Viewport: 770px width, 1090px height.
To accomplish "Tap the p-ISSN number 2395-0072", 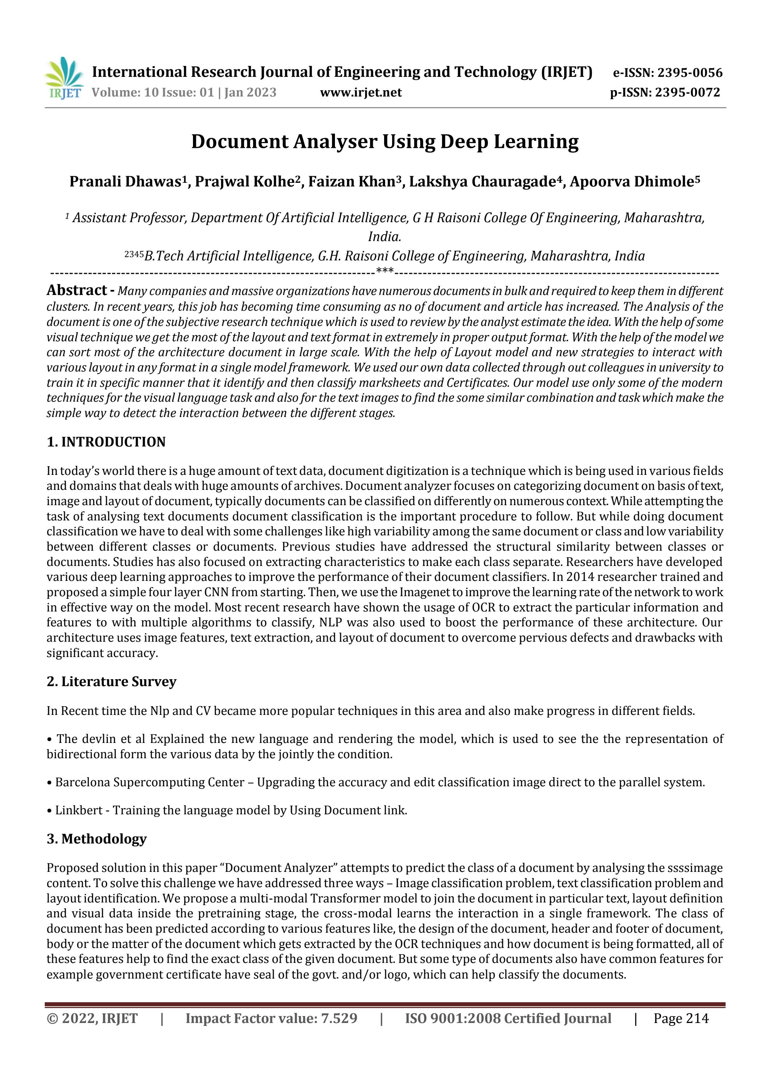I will tap(687, 92).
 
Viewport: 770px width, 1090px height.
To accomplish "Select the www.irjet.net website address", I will tap(361, 92).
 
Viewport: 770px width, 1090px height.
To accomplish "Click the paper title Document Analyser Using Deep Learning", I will tap(384, 141).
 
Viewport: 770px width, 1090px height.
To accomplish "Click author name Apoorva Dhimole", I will tap(631, 181).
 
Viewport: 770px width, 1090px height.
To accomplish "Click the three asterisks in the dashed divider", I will tap(384, 272).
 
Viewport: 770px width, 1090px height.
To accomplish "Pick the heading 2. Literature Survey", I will tap(111, 681).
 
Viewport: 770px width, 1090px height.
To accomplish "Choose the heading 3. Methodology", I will tap(96, 838).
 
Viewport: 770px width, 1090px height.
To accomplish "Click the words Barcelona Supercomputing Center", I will tap(150, 782).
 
